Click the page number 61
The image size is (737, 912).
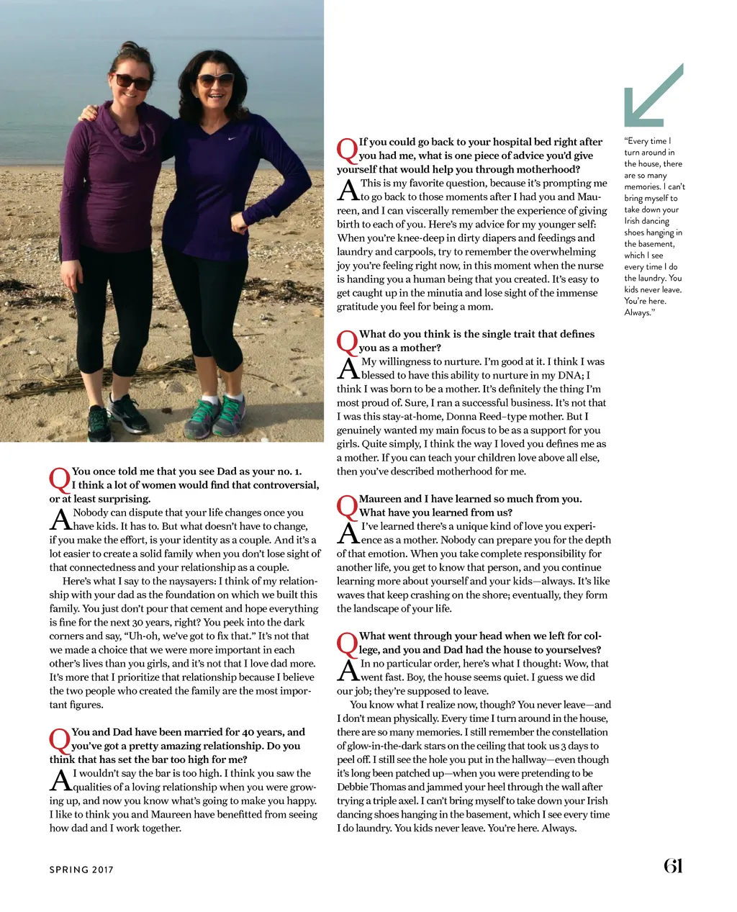[672, 866]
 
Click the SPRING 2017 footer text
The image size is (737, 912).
[81, 870]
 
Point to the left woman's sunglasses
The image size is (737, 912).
[133, 82]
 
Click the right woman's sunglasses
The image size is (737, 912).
[215, 80]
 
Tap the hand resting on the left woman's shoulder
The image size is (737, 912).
[89, 112]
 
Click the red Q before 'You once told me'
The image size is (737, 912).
[59, 479]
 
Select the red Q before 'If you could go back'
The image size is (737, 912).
[347, 150]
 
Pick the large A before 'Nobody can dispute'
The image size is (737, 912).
[60, 520]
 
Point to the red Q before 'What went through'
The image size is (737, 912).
[347, 644]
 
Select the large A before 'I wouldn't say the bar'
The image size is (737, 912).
[60, 781]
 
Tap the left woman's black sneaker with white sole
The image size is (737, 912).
[128, 415]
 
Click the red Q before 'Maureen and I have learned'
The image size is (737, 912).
[347, 507]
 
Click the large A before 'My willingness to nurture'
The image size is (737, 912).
[348, 369]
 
